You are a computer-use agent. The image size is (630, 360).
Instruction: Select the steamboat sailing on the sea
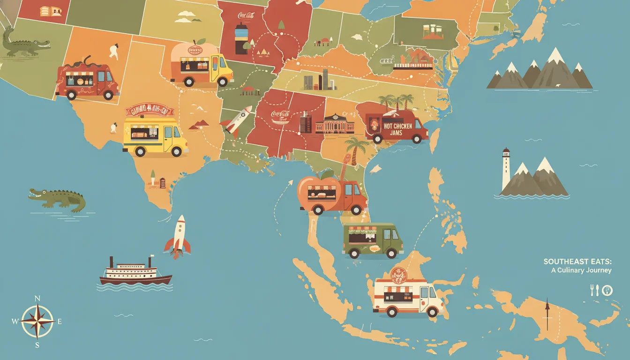[x=135, y=272]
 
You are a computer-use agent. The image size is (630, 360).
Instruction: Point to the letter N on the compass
[x=37, y=299]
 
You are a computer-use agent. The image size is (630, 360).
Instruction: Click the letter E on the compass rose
[x=60, y=322]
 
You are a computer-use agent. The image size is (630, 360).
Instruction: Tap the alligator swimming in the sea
[x=57, y=199]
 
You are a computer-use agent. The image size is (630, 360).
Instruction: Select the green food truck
[x=373, y=240]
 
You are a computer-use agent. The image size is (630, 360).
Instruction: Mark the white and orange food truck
[x=407, y=296]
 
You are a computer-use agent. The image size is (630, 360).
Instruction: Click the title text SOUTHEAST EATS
[x=577, y=262]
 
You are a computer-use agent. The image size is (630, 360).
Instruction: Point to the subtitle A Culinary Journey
[x=581, y=270]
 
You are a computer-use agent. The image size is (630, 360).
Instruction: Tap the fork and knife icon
[x=594, y=290]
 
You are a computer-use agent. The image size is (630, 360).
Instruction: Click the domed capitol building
[x=335, y=123]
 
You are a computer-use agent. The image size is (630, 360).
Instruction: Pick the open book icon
[x=50, y=11]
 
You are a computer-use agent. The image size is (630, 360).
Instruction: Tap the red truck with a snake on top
[x=87, y=81]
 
